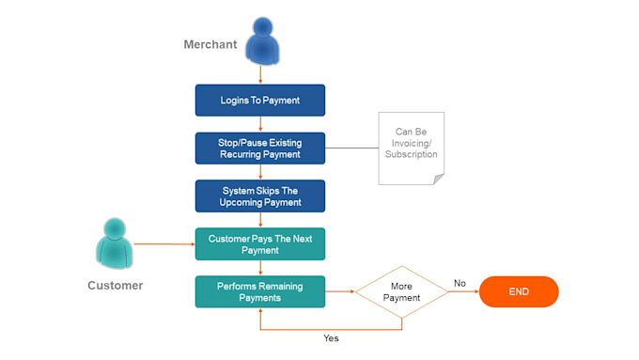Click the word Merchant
pos(210,45)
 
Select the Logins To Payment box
pos(259,100)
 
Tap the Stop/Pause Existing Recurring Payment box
pos(259,148)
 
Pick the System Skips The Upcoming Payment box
pos(259,196)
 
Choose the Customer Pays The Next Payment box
pos(259,243)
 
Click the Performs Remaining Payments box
pos(259,291)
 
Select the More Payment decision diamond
pos(401,291)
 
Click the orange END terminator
pos(519,291)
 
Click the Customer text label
pos(115,285)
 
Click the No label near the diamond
pos(460,282)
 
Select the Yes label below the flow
pos(331,337)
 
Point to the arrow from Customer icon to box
pos(164,243)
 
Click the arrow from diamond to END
pos(463,291)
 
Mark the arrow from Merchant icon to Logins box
pos(259,74)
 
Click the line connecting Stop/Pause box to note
pos(351,148)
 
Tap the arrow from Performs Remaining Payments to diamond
pos(339,291)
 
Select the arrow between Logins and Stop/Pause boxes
pos(259,124)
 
